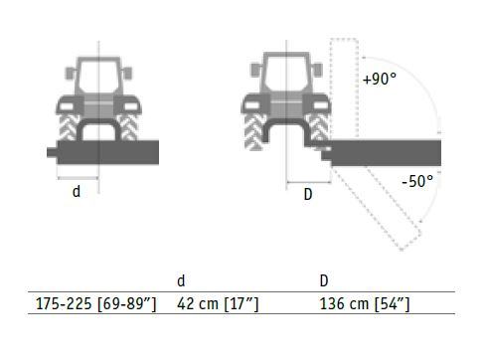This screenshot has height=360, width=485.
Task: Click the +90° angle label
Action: (380, 79)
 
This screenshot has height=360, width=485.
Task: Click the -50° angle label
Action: (417, 181)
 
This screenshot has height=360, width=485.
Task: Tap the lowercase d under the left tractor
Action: (77, 191)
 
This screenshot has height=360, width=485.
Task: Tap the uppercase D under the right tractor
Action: (308, 194)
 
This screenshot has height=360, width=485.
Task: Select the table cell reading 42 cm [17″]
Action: (218, 303)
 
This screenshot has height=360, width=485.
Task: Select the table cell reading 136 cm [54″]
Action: (365, 303)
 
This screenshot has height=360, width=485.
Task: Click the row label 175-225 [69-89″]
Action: (95, 303)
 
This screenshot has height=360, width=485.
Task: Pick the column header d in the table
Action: (181, 280)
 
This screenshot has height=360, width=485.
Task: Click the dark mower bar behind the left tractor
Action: (108, 152)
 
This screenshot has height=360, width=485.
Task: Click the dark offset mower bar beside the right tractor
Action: (386, 153)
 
